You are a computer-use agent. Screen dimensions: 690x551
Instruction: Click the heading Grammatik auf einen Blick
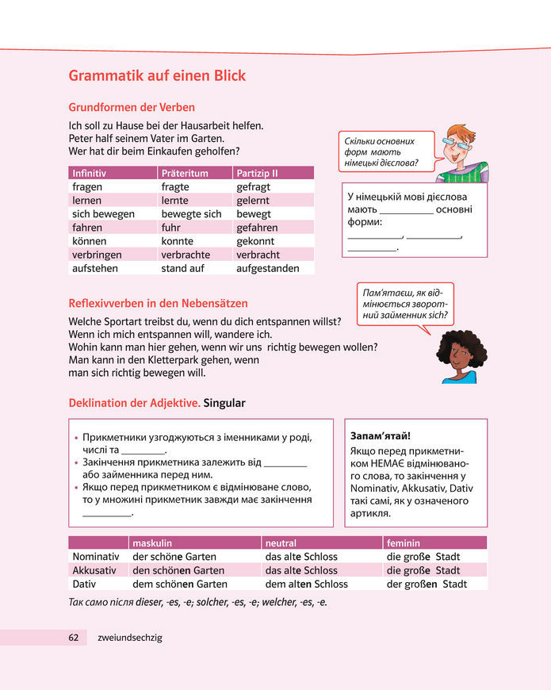pyautogui.click(x=157, y=76)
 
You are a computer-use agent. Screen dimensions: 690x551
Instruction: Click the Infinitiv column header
pyautogui.click(x=89, y=173)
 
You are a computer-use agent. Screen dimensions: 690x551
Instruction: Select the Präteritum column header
pyautogui.click(x=184, y=173)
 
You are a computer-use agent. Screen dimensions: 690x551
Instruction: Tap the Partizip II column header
pyautogui.click(x=257, y=173)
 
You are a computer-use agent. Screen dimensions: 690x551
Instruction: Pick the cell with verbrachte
pyautogui.click(x=186, y=255)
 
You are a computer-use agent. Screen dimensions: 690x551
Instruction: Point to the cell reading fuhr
pyautogui.click(x=172, y=228)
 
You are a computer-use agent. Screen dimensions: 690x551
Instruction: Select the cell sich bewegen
pyautogui.click(x=103, y=214)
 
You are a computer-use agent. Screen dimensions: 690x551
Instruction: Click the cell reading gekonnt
pyautogui.click(x=254, y=241)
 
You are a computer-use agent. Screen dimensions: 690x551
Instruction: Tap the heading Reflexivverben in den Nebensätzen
pyautogui.click(x=158, y=303)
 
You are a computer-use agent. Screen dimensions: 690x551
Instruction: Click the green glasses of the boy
pyautogui.click(x=457, y=143)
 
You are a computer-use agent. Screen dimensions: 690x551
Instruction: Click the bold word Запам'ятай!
pyautogui.click(x=381, y=436)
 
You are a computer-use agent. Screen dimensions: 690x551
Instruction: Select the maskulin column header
pyautogui.click(x=152, y=543)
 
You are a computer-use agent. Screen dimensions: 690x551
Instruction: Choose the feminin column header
pyautogui.click(x=403, y=543)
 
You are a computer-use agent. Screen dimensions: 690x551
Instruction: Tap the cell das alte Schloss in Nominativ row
pyautogui.click(x=301, y=557)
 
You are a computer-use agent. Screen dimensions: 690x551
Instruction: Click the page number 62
pyautogui.click(x=73, y=637)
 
